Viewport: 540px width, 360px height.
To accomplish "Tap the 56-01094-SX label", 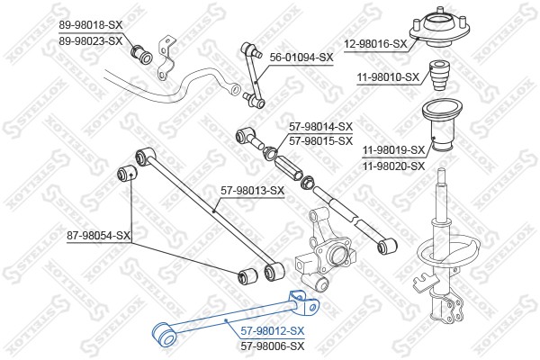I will tap(301, 57).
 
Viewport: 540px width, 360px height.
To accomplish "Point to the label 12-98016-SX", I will tap(375, 42).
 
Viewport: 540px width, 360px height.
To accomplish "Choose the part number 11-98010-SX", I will tap(386, 77).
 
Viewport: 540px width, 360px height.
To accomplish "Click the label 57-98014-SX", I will tap(320, 127).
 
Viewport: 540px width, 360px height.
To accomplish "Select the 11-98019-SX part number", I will tap(394, 151).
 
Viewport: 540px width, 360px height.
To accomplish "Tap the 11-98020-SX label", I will tap(394, 166).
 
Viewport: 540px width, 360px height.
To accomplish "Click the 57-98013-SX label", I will tap(252, 190).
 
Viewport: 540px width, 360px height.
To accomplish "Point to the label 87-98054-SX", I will tap(99, 236).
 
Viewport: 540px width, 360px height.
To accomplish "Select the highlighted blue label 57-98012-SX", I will tap(273, 331).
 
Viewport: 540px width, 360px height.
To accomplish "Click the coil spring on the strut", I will tap(441, 261).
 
